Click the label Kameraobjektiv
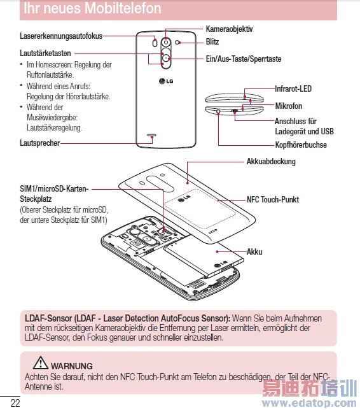click(x=229, y=29)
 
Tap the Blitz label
click(x=212, y=41)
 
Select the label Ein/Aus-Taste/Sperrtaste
click(x=244, y=59)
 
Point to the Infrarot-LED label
click(x=293, y=88)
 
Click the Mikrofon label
click(x=289, y=106)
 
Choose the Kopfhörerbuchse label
click(x=301, y=145)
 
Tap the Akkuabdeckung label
click(x=271, y=161)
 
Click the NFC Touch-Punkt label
click(x=273, y=199)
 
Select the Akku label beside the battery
click(x=254, y=251)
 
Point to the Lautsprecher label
click(x=40, y=143)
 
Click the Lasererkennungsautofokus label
click(x=61, y=36)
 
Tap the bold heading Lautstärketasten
click(x=45, y=53)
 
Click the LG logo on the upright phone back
click(x=166, y=81)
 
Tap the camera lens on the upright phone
click(x=165, y=42)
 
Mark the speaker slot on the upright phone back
click(x=152, y=135)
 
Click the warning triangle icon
click(x=41, y=363)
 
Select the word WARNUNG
click(x=72, y=366)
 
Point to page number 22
click(x=15, y=403)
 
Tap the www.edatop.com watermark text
click(x=309, y=403)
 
